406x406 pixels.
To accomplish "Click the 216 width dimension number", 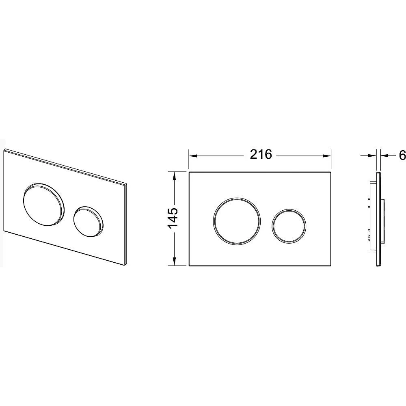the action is pos(261,155).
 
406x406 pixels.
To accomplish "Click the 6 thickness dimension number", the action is pos(402,155).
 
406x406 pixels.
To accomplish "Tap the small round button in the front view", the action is pos(289,226).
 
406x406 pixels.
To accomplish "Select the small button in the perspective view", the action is pos(88,221).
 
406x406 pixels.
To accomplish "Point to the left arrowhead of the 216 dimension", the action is pos(193,156).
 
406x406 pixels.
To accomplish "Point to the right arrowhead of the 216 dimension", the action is pos(326,156).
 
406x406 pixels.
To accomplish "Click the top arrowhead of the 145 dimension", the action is pos(175,176).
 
